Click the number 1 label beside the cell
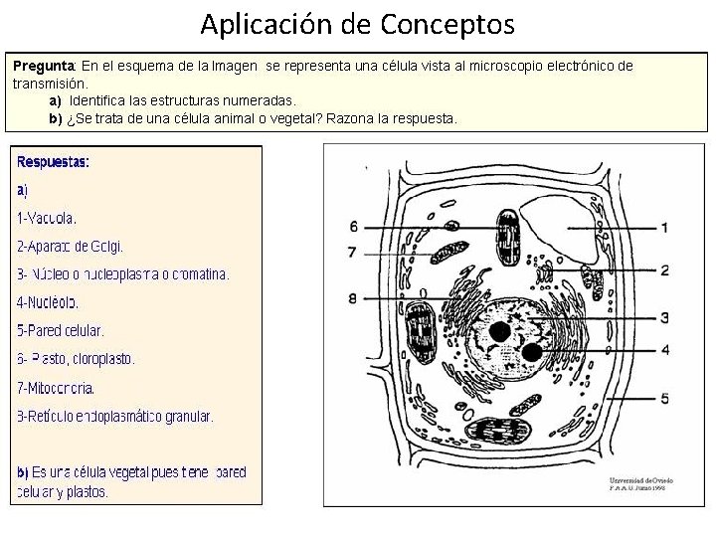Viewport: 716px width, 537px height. pos(664,228)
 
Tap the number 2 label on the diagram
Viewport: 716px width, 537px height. pos(664,269)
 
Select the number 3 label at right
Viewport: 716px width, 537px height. pos(664,317)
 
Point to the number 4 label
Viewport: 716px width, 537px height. pos(664,349)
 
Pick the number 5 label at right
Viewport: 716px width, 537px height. pos(664,398)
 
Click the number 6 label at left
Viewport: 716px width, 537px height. pos(353,227)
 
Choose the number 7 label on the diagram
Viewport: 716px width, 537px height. pos(353,253)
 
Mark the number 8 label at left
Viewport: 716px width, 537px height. pos(353,297)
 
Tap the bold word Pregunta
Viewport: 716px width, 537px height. pos(44,66)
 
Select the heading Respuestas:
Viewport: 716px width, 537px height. pos(53,161)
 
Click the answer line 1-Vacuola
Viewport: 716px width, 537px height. pos(47,218)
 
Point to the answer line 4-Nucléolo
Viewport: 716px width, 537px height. pos(48,302)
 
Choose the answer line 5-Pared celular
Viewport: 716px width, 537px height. pos(61,330)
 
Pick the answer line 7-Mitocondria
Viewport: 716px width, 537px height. pos(56,388)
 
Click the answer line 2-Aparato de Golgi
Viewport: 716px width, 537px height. pos(70,246)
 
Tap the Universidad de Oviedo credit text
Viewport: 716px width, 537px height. pos(640,478)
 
